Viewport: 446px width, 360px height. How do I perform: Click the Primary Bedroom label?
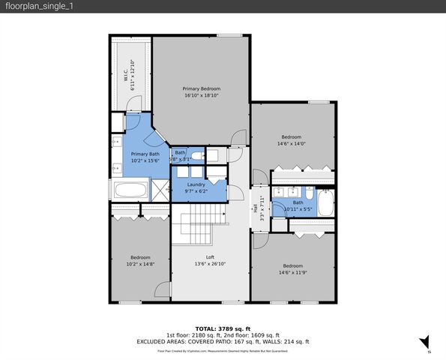coord(202,88)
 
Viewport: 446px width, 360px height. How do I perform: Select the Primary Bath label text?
coord(145,153)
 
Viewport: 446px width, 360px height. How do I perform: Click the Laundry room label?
coord(196,184)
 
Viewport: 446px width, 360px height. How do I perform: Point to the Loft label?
coord(210,257)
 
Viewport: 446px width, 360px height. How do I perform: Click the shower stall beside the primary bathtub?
coord(160,190)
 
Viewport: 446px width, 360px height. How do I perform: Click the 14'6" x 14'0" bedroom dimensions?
coord(291,144)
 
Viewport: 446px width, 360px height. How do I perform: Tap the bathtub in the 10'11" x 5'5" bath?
coord(325,203)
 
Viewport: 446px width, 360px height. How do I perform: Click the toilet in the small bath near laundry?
coord(196,156)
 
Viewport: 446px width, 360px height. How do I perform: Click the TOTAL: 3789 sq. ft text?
coord(223,328)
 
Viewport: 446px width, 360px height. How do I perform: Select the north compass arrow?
coord(425,342)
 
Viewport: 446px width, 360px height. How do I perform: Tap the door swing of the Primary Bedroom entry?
coord(238,138)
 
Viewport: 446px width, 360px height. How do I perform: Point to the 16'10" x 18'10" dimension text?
coord(202,96)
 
